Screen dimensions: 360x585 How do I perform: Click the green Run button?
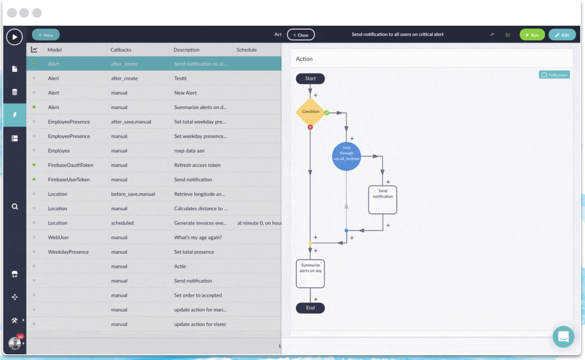(532, 35)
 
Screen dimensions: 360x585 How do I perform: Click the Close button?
(301, 35)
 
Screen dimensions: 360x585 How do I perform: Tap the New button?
(45, 35)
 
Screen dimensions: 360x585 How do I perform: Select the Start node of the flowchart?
(310, 79)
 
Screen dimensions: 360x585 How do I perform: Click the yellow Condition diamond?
(311, 112)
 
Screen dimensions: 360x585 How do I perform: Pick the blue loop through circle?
(346, 156)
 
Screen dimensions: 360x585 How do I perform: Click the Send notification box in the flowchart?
(382, 200)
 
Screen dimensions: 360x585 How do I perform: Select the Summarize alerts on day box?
(310, 274)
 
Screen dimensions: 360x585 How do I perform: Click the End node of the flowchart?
(310, 308)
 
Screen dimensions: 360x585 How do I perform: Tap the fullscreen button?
(554, 75)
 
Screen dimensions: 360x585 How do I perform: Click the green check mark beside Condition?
(327, 113)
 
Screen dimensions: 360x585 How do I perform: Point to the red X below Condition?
(310, 127)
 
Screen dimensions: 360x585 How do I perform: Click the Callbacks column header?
(121, 50)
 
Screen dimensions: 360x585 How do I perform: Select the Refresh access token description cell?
(197, 165)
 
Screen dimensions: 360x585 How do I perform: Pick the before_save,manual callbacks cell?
(133, 194)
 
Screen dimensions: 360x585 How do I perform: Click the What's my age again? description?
(198, 237)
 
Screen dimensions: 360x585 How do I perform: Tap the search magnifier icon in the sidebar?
(15, 207)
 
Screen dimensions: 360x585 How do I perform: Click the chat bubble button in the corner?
(563, 337)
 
